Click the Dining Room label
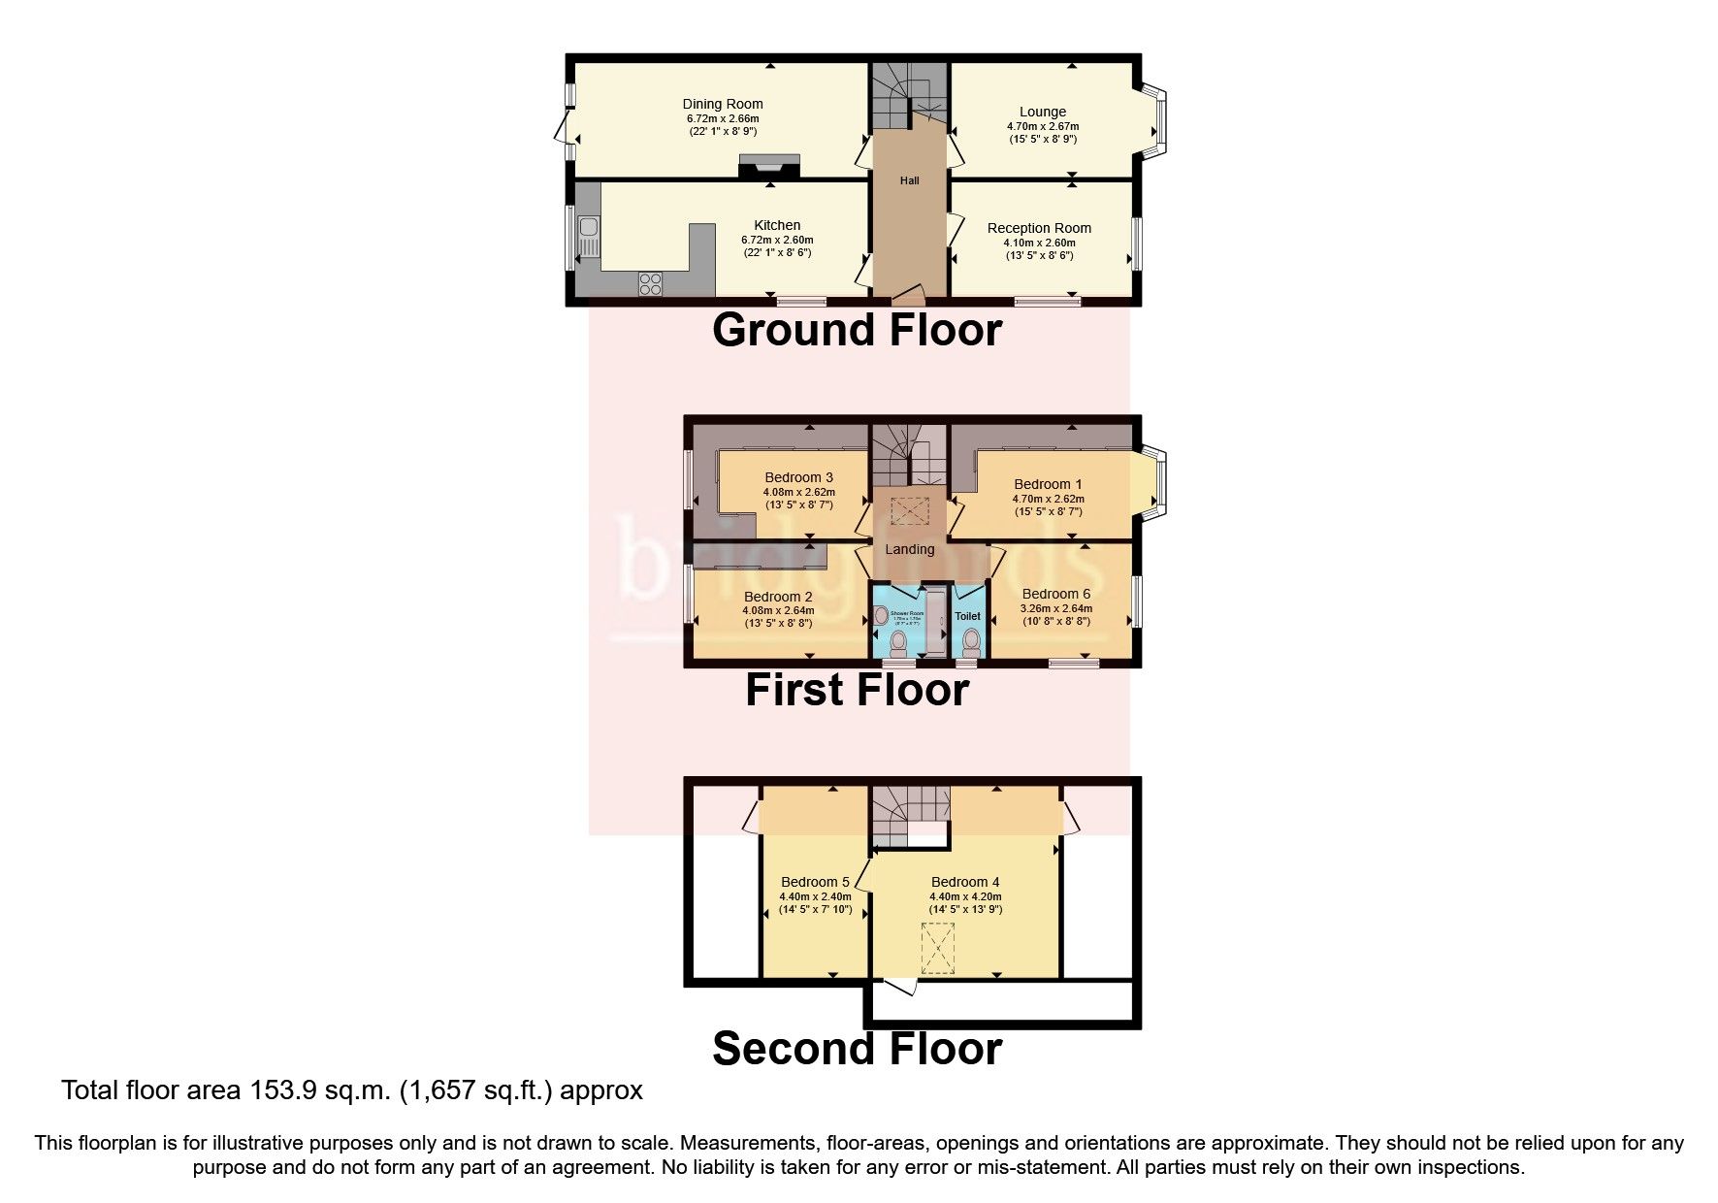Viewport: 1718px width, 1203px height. (722, 104)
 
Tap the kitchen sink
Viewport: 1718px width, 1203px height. (588, 237)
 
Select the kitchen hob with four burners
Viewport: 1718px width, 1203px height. (650, 284)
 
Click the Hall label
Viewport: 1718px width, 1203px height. (909, 180)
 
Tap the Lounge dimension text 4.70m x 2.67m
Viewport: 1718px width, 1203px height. (1042, 126)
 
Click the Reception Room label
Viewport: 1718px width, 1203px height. (1039, 228)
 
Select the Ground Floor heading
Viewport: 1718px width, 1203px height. (857, 331)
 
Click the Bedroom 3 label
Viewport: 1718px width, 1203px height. (798, 477)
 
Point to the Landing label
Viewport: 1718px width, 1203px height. (909, 549)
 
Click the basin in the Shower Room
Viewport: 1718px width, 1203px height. (881, 615)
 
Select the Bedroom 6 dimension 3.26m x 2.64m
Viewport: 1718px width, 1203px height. (1055, 608)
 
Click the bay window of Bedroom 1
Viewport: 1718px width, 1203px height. (1159, 482)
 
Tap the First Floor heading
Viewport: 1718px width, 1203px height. (857, 691)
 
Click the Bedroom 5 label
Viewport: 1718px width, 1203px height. (815, 882)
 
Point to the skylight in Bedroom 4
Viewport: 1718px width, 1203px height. (938, 948)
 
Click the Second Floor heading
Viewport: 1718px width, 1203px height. (857, 1050)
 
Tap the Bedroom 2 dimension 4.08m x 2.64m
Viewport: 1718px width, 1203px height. (778, 611)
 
